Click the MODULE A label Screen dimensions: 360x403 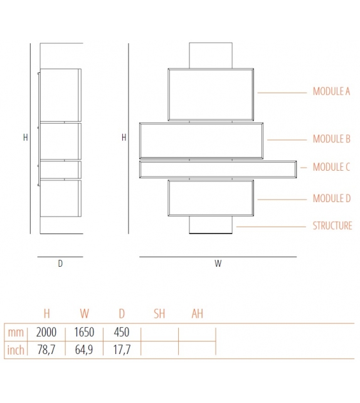[331, 92]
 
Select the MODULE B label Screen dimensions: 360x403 [332, 139]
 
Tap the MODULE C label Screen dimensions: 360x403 [331, 167]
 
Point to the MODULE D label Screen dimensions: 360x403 [332, 198]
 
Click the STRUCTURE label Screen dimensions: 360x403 [332, 225]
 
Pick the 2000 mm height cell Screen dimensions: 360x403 [46, 332]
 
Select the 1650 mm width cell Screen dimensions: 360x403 [84, 332]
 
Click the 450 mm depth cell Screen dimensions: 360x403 [122, 332]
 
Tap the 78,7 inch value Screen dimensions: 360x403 [46, 350]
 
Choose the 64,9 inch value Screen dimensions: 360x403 [84, 350]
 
